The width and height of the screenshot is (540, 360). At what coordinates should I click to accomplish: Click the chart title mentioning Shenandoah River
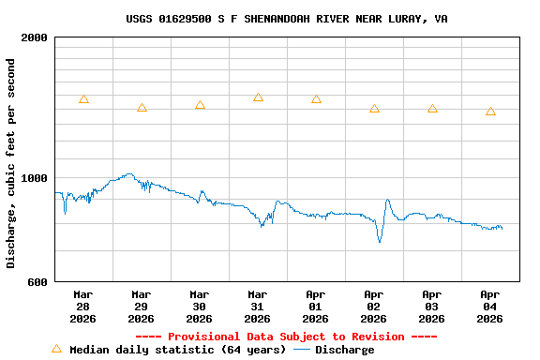pyautogui.click(x=287, y=19)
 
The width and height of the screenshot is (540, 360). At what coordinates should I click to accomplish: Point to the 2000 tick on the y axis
pyautogui.click(x=35, y=37)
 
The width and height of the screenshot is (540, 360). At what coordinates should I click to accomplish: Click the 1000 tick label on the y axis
pyautogui.click(x=35, y=178)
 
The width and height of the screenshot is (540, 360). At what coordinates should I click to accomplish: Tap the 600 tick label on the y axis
pyautogui.click(x=38, y=281)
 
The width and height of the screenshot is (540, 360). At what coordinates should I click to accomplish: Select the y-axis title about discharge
pyautogui.click(x=11, y=163)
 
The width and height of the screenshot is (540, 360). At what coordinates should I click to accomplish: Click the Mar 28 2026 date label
pyautogui.click(x=83, y=306)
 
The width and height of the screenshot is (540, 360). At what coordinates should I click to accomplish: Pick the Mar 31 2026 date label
pyautogui.click(x=258, y=306)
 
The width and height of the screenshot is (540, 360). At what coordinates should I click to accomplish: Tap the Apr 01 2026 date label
pyautogui.click(x=316, y=306)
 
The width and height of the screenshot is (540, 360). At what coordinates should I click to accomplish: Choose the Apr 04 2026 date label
pyautogui.click(x=490, y=306)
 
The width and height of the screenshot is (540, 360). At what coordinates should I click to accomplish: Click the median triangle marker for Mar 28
pyautogui.click(x=83, y=99)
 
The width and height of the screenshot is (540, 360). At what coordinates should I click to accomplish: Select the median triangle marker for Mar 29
pyautogui.click(x=142, y=109)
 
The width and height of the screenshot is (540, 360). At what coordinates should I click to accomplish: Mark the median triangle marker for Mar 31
pyautogui.click(x=258, y=97)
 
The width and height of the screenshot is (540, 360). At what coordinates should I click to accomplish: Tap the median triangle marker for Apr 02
pyautogui.click(x=374, y=109)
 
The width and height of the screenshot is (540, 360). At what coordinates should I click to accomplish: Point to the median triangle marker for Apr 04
pyautogui.click(x=490, y=112)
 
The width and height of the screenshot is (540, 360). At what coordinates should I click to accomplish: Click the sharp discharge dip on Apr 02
pyautogui.click(x=380, y=241)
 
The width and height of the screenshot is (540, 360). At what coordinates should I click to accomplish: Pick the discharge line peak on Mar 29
pyautogui.click(x=129, y=173)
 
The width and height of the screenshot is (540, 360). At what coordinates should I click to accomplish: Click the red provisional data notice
pyautogui.click(x=286, y=337)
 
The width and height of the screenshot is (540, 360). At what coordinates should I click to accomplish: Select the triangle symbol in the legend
pyautogui.click(x=56, y=349)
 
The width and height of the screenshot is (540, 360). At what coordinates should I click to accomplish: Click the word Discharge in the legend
pyautogui.click(x=344, y=350)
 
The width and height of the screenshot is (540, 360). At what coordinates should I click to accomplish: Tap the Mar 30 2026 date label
pyautogui.click(x=200, y=306)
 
